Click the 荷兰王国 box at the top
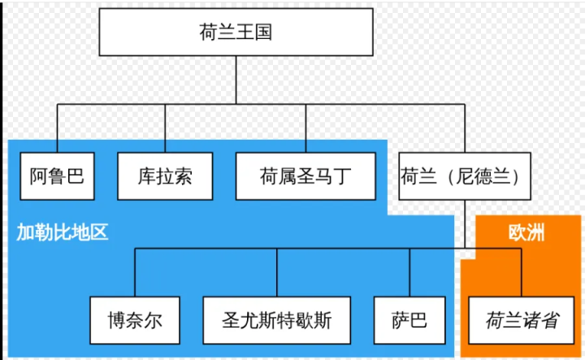[x=235, y=33]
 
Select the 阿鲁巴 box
[x=57, y=176]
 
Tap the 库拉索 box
[x=165, y=176]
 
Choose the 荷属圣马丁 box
[x=305, y=176]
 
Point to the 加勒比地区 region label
[x=63, y=232]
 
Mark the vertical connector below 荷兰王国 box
[x=235, y=81]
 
